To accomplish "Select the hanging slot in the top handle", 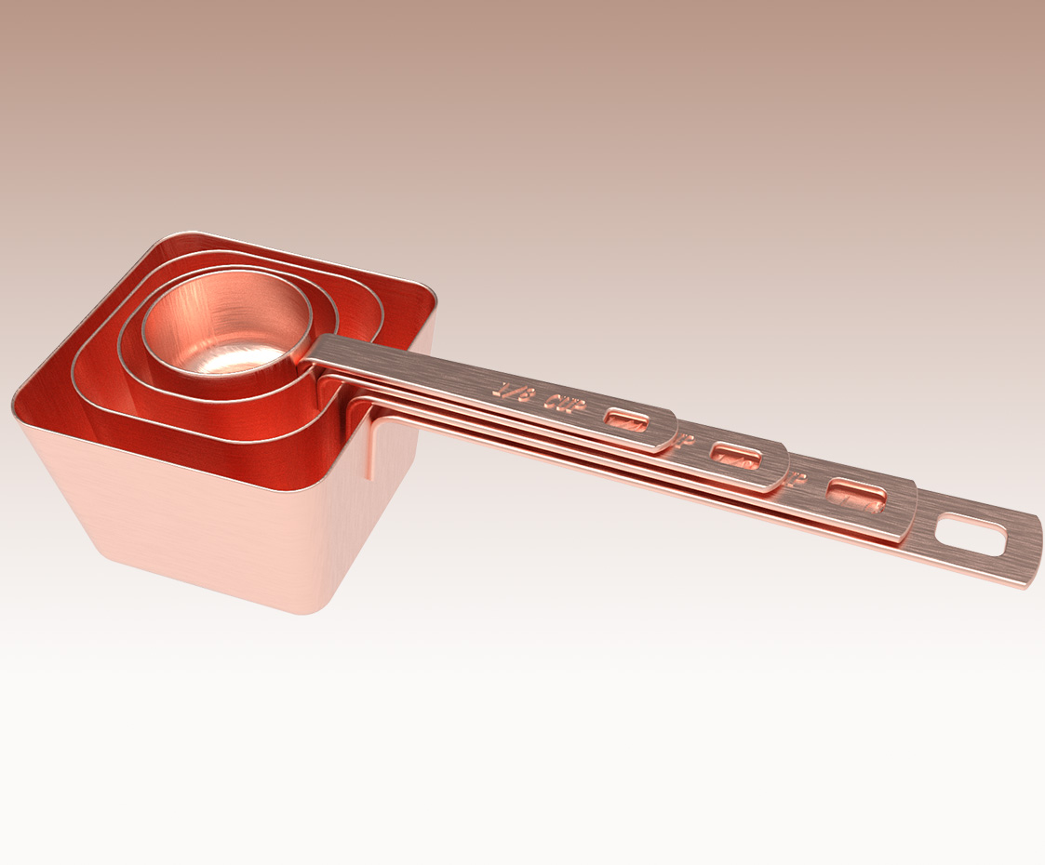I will (x=626, y=420).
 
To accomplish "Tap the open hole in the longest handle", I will (x=971, y=537).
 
